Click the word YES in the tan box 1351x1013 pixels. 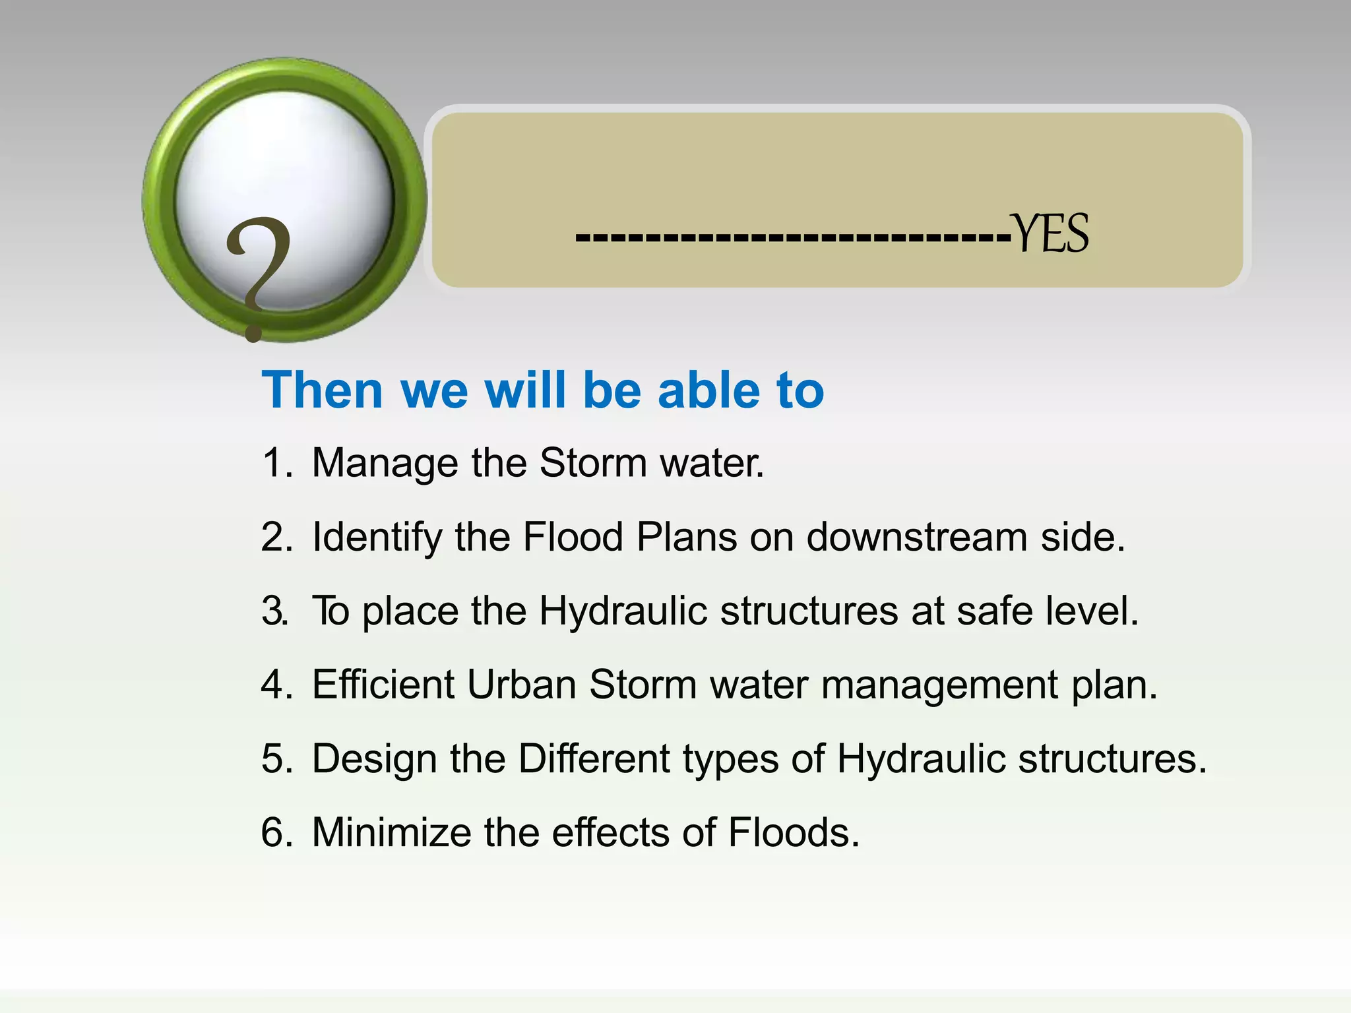1050,234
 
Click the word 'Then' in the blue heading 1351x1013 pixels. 322,390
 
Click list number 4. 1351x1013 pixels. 276,684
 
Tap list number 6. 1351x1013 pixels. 276,832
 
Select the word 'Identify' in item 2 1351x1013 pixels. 377,537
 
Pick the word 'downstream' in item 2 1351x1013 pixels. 917,537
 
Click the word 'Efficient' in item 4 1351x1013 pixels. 383,684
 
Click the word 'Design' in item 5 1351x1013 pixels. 375,759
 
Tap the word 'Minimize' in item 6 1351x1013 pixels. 392,832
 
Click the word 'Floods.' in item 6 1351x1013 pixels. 794,832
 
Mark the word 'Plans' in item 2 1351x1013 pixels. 686,537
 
